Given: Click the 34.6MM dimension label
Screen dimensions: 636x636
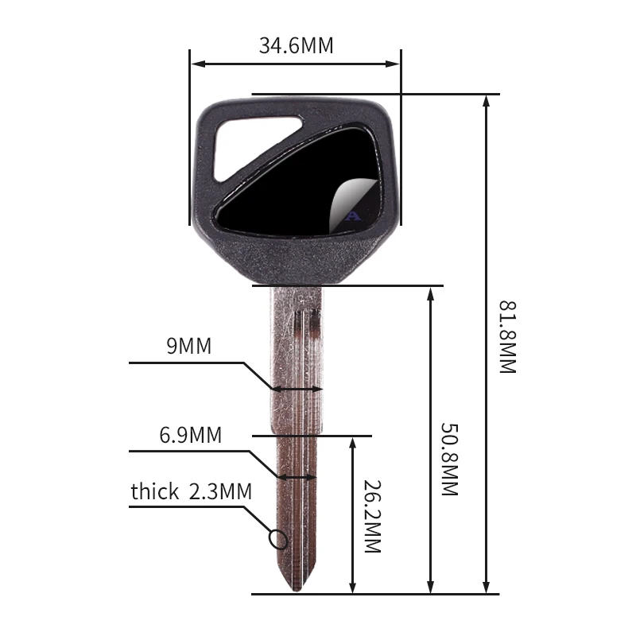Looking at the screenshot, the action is click(x=296, y=45).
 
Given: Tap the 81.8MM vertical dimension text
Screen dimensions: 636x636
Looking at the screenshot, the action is click(x=507, y=337).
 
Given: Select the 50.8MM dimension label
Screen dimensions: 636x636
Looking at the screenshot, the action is click(x=449, y=460).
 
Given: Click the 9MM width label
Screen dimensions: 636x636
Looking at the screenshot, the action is click(x=189, y=346).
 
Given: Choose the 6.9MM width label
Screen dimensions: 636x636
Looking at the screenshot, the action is click(x=190, y=435).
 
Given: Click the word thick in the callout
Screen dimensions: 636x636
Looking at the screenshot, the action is click(x=154, y=491).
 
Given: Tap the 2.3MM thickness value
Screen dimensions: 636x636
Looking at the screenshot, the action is click(x=220, y=491).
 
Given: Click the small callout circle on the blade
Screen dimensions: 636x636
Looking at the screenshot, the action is click(x=278, y=540).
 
